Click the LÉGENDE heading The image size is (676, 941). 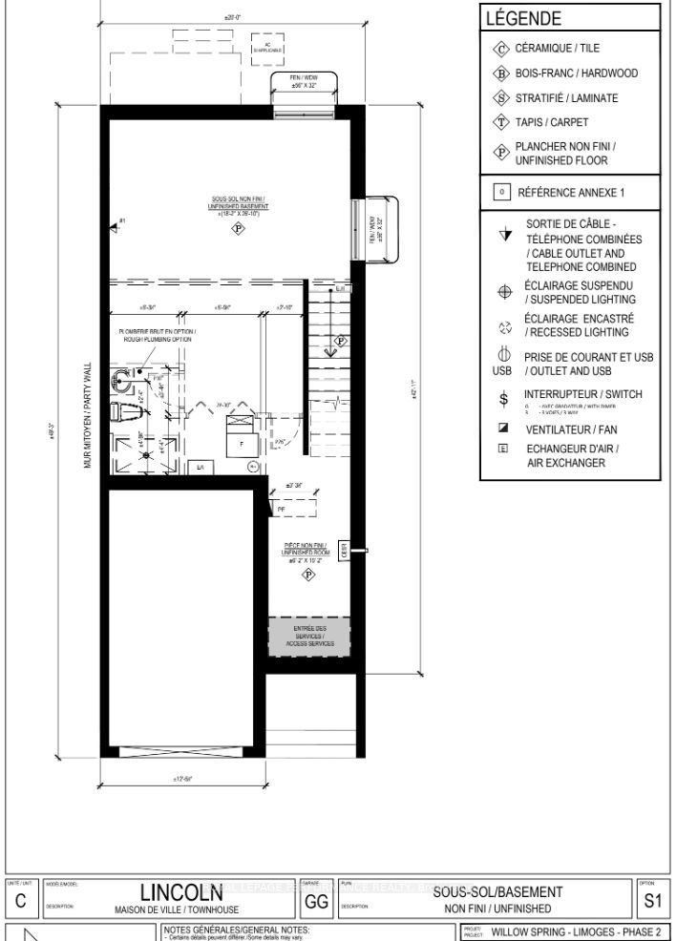523,18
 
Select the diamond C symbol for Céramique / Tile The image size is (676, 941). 500,49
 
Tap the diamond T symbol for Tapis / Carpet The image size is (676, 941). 500,122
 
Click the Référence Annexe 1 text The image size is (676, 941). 571,192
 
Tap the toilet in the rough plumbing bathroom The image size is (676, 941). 122,411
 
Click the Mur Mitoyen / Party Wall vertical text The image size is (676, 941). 87,415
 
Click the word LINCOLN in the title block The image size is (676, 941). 182,891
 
